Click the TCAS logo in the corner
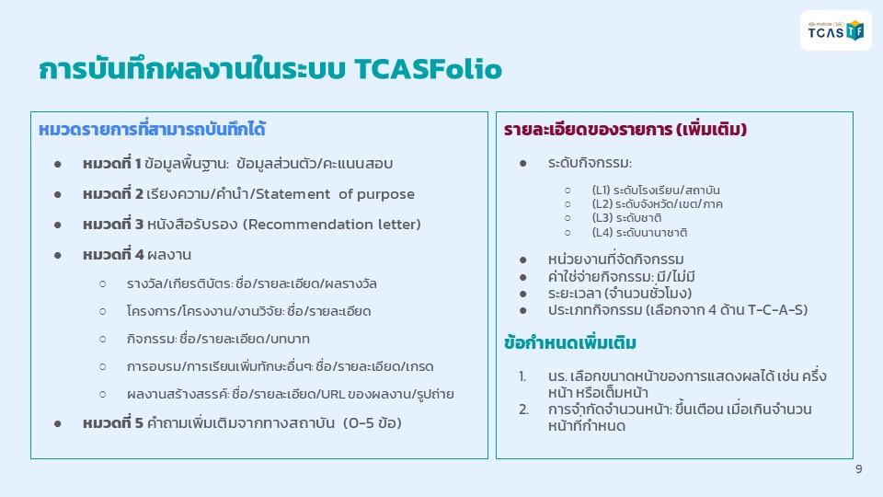pyautogui.click(x=836, y=30)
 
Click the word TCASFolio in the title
pyautogui.click(x=428, y=69)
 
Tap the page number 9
pyautogui.click(x=858, y=468)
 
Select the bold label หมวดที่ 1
pyautogui.click(x=111, y=164)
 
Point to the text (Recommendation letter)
pyautogui.click(x=332, y=225)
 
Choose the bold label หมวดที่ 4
pyautogui.click(x=113, y=255)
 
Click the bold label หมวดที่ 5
pyautogui.click(x=112, y=422)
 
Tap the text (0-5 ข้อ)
pyautogui.click(x=373, y=422)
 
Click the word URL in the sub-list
pyautogui.click(x=333, y=394)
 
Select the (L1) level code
pyautogui.click(x=601, y=191)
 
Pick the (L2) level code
pyautogui.click(x=602, y=204)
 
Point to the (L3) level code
pyautogui.click(x=602, y=218)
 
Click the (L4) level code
pyautogui.click(x=602, y=232)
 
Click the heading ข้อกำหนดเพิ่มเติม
pyautogui.click(x=570, y=342)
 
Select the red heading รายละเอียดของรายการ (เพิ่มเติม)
pyautogui.click(x=625, y=129)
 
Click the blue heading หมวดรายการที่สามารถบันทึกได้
pyautogui.click(x=152, y=129)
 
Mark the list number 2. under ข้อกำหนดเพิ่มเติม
pyautogui.click(x=523, y=410)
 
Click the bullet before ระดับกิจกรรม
pyautogui.click(x=523, y=164)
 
